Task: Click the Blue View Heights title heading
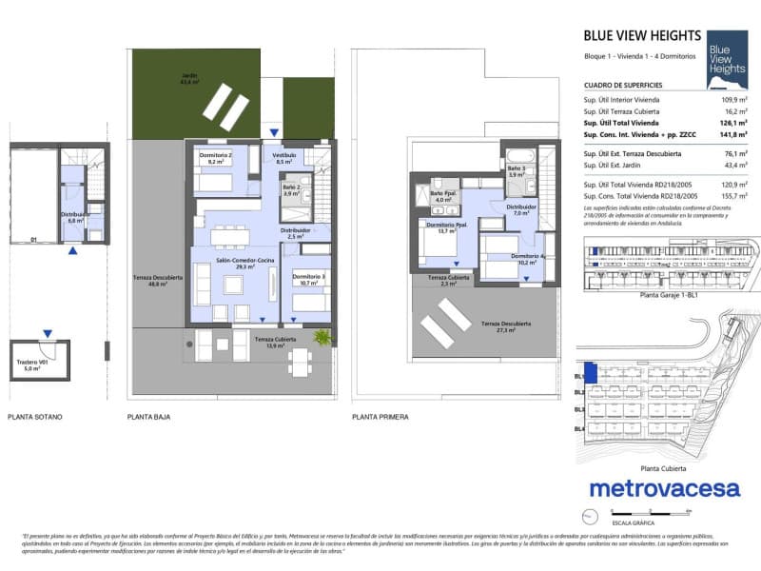642,37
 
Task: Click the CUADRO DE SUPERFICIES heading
623,85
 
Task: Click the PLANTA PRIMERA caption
380,417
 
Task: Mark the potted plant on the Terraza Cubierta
323,337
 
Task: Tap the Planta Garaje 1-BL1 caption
670,296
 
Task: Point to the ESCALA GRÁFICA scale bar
632,516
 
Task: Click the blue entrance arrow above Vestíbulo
275,133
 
